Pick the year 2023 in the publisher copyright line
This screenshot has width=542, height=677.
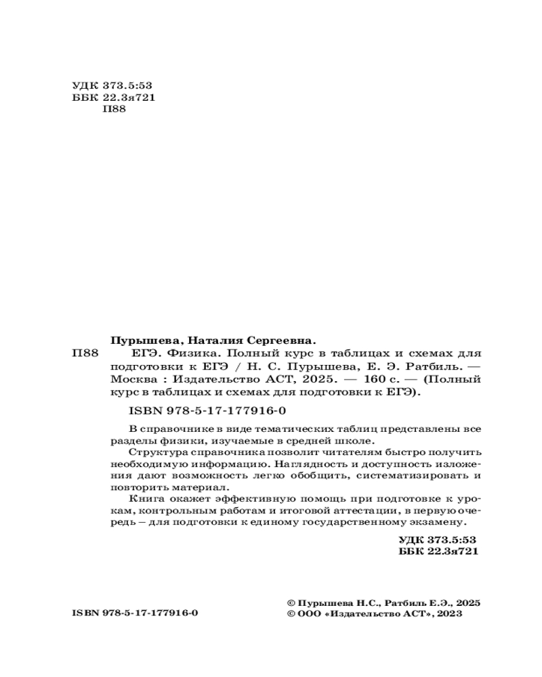[x=450, y=613]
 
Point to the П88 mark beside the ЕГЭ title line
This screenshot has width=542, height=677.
[x=85, y=353]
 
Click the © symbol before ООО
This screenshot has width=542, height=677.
[x=292, y=613]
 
